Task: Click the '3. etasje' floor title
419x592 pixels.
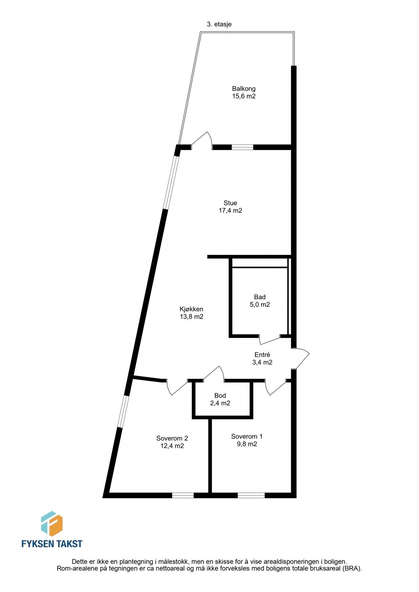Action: point(219,24)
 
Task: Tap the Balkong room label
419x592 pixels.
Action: point(244,88)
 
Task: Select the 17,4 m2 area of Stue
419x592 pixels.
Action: point(230,211)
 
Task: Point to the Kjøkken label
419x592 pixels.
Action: point(191,309)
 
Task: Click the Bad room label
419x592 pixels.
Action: point(260,297)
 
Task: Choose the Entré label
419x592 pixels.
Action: point(262,355)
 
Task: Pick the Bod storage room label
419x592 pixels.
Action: point(220,396)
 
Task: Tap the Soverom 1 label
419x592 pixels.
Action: point(247,436)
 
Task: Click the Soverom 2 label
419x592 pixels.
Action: point(172,438)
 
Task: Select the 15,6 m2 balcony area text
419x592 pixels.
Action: point(244,96)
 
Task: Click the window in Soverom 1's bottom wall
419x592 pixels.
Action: point(251,495)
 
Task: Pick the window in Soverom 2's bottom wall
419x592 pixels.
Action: point(183,495)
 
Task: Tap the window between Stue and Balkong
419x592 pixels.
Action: point(242,147)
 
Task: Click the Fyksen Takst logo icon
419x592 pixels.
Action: point(52,524)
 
